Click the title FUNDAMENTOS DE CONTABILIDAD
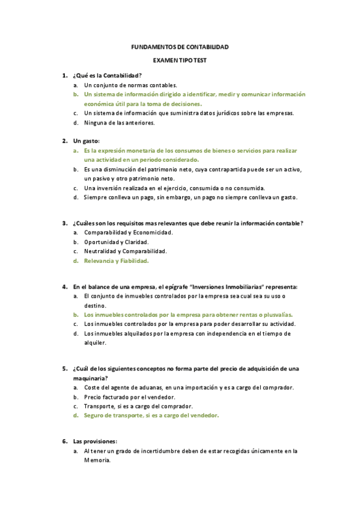pos(180,47)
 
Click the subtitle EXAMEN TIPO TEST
pos(180,61)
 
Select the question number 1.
pos(64,75)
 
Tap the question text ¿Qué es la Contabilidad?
pos(107,75)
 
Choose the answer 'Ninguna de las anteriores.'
pos(120,123)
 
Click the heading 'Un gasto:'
pos(87,140)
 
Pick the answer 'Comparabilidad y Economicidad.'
pos(129,232)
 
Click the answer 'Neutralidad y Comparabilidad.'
pos(125,251)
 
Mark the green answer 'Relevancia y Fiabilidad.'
pos(116,261)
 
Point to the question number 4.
pos(64,287)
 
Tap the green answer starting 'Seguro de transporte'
pos(151,416)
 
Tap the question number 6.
pos(64,441)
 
